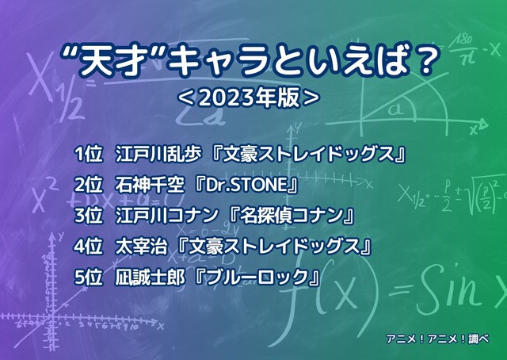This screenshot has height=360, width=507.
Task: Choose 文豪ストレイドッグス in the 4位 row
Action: pos(277,247)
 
